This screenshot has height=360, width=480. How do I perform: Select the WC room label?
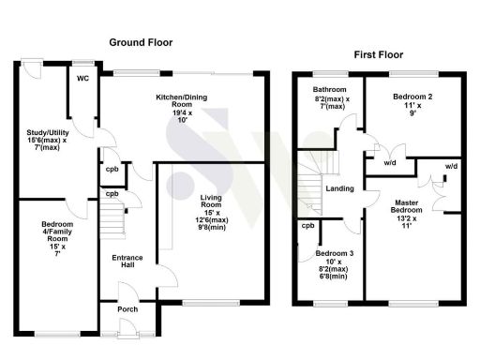point(82,79)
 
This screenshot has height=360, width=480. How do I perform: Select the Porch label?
point(127,309)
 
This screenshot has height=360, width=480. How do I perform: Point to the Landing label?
point(339,188)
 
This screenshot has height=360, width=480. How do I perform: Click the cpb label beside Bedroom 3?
point(307,226)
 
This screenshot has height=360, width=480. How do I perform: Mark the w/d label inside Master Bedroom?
point(451,166)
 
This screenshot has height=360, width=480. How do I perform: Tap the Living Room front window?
point(203,302)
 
